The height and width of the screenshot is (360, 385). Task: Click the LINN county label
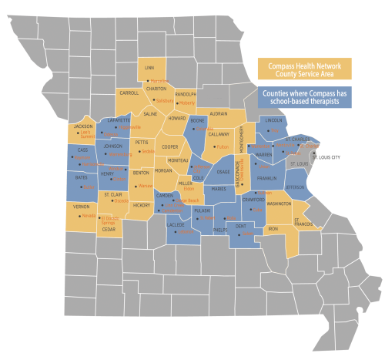tap(149, 68)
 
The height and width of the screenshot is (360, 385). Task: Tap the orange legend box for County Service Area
tap(303, 68)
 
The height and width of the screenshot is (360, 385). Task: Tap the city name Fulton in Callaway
tap(224, 146)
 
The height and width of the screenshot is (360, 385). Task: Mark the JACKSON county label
tap(83, 126)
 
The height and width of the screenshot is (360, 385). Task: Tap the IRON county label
tap(273, 229)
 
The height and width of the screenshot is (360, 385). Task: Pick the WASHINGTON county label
tap(280, 203)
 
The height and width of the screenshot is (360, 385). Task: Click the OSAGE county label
tap(223, 172)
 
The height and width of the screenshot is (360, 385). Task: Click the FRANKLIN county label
tap(266, 179)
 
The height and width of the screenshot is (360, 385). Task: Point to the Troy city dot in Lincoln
tap(269, 130)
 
